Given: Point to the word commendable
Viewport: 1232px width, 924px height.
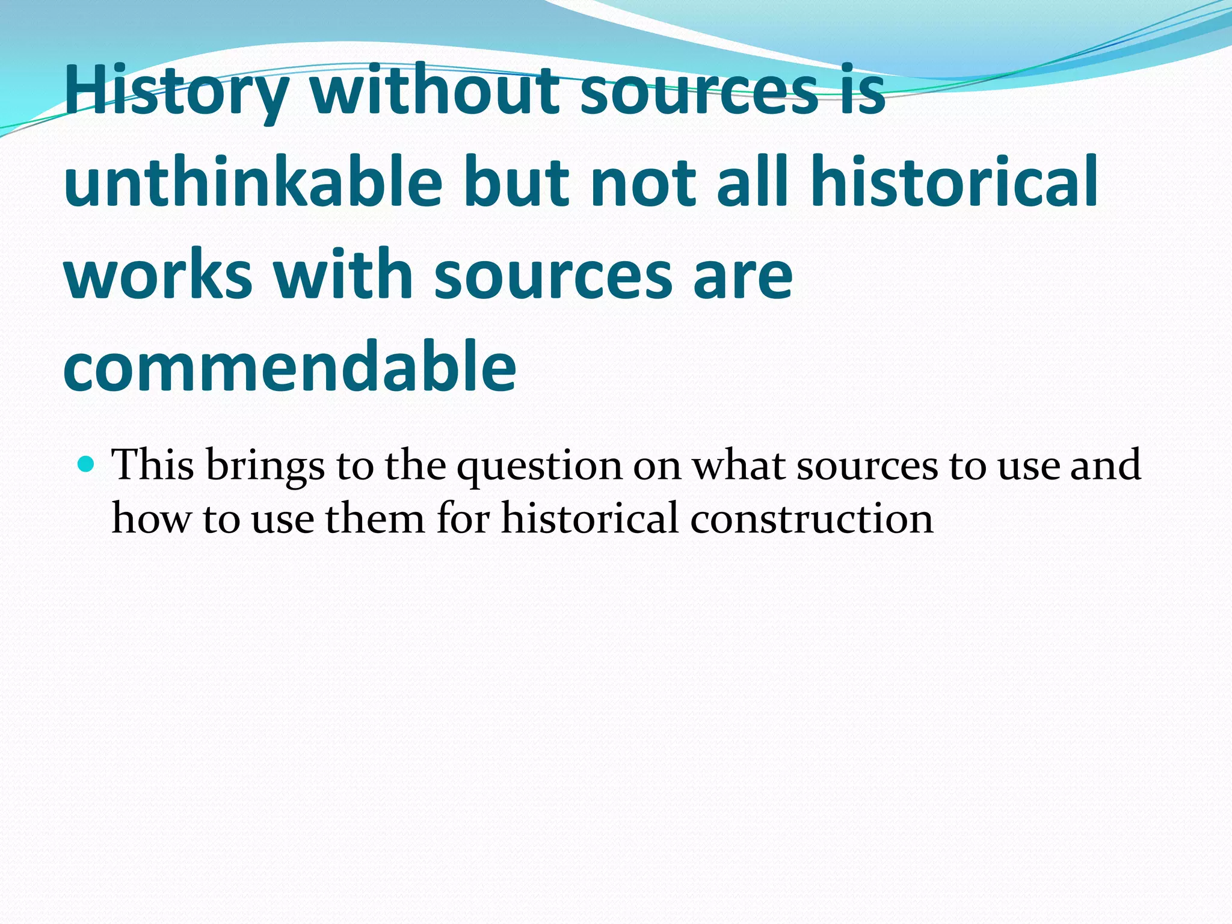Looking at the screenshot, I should tap(289, 366).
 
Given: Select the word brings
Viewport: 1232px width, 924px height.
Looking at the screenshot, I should tap(265, 467).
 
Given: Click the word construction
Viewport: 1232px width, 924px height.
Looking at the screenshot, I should tap(812, 518).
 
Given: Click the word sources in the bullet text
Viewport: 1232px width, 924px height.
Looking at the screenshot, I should tap(867, 466).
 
